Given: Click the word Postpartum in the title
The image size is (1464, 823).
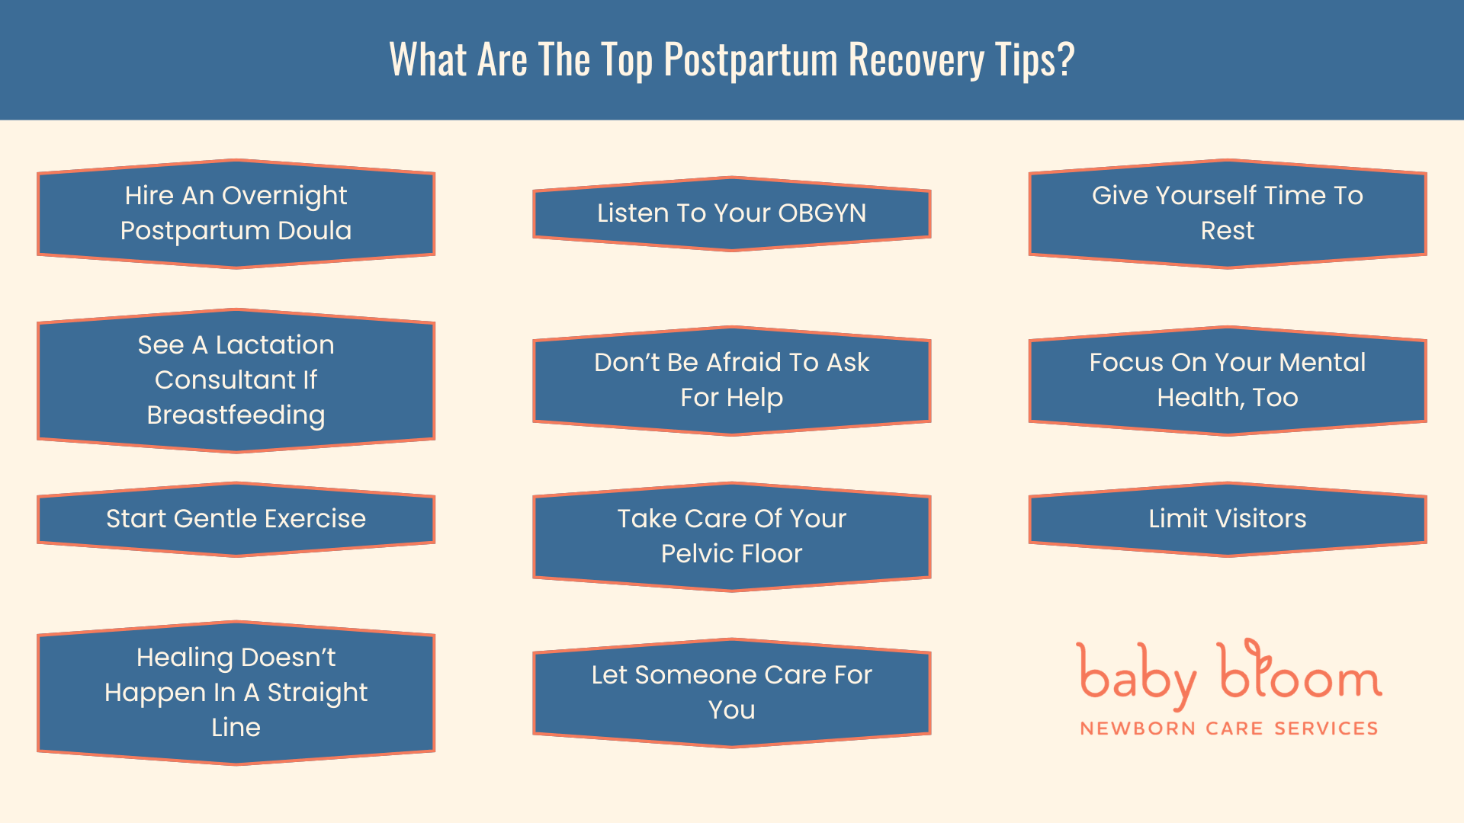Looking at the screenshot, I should point(750,59).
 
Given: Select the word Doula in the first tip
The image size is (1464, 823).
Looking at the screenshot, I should point(314,230).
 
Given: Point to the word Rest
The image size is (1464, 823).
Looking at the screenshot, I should point(1227,230).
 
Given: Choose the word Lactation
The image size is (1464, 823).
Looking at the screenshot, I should point(274,344).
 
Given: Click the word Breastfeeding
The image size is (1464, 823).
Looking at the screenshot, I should point(236,415).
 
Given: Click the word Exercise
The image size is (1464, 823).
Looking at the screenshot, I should point(315,518).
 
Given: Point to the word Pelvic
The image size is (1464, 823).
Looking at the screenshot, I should point(694,553).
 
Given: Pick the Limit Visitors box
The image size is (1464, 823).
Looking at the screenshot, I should point(1227,519).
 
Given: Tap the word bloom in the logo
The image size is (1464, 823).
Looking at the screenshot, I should point(1299,674).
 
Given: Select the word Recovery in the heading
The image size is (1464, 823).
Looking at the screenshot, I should point(916,59).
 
